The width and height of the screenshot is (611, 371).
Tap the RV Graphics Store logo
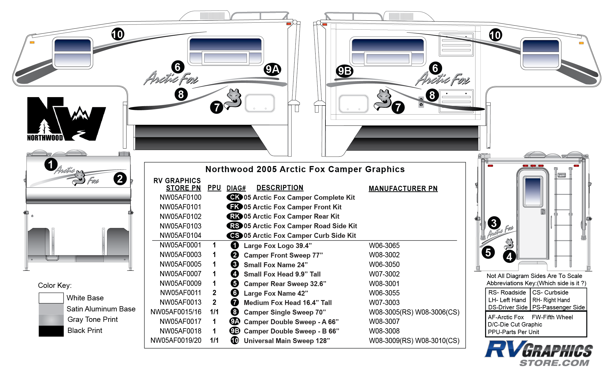[539, 353]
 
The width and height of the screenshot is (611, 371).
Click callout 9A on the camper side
[272, 69]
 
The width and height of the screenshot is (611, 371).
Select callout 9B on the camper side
[345, 71]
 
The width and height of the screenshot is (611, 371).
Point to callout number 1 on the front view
[51, 164]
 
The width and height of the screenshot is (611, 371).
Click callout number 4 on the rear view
[509, 257]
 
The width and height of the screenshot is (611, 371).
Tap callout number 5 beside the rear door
[488, 252]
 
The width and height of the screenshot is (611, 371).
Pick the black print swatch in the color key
[51, 331]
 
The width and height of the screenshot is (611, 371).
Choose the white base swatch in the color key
[51, 298]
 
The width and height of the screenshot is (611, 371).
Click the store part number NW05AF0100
[180, 197]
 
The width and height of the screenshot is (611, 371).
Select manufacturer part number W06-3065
[384, 245]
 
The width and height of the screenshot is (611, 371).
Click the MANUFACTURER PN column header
[403, 188]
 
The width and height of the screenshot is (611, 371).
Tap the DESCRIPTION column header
[280, 188]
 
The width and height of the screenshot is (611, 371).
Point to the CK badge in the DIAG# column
[234, 197]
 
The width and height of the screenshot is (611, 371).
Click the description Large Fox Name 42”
[276, 293]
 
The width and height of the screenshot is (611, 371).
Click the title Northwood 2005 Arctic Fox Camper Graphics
[305, 169]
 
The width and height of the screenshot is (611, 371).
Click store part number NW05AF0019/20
[176, 340]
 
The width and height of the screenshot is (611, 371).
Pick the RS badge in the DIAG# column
[234, 226]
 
